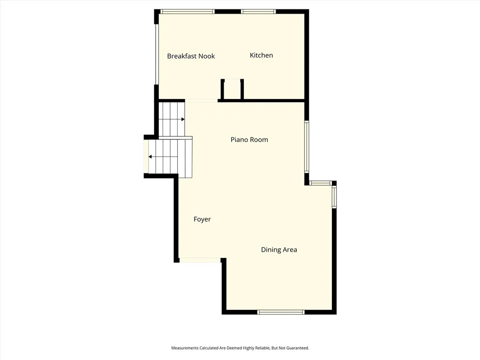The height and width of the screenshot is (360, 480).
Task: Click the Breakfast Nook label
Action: click(191, 56)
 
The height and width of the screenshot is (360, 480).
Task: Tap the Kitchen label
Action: click(261, 55)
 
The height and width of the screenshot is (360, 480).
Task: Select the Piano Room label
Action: click(249, 140)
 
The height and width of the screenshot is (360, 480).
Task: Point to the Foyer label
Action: click(202, 219)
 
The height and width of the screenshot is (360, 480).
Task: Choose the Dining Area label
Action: click(279, 250)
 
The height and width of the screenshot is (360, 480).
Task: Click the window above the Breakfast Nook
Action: click(187, 11)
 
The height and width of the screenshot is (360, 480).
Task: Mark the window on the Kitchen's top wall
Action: click(259, 11)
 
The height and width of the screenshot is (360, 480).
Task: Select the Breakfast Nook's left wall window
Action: click(157, 54)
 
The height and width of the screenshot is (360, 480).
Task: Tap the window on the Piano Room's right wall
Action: click(307, 147)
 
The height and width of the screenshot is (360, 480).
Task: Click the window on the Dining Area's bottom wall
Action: click(281, 312)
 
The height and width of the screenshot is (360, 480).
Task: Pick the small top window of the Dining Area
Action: click(321, 183)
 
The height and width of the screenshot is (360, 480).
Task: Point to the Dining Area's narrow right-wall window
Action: click(334, 197)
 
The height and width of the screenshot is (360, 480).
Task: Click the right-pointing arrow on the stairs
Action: click(183, 120)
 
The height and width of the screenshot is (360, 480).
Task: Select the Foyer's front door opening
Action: click(200, 260)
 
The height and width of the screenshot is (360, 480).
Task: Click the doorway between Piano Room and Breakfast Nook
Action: click(202, 100)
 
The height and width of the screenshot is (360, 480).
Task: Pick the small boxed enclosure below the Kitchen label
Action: click(232, 89)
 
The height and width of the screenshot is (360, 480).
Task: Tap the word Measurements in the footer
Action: click(184, 348)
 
